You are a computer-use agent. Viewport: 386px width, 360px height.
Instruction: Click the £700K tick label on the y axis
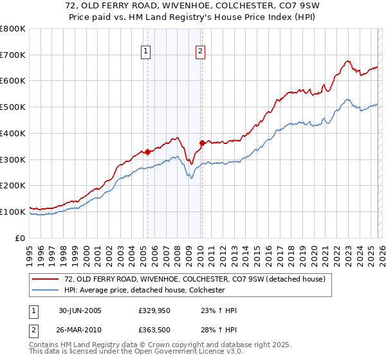click(12, 55)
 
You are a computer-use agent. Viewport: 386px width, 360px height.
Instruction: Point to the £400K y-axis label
click(12, 134)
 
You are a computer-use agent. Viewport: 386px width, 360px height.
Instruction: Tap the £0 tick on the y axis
click(19, 238)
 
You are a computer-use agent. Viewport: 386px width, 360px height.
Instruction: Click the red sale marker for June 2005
click(148, 152)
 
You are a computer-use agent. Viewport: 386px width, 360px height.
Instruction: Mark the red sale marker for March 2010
click(202, 143)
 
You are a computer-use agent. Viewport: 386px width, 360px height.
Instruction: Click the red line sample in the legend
click(46, 279)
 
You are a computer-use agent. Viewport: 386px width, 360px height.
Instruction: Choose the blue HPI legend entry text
click(144, 291)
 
